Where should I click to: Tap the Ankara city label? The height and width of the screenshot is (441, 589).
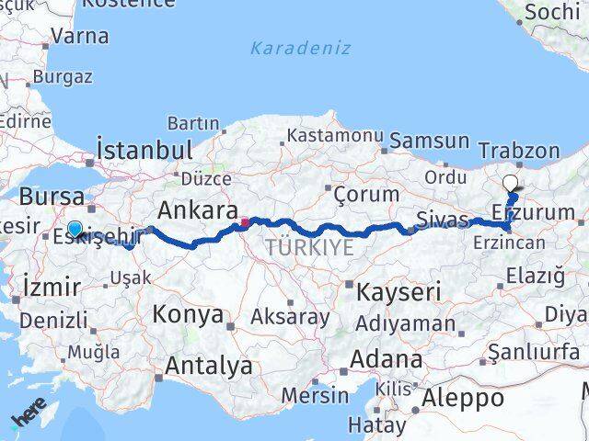(x=199, y=209)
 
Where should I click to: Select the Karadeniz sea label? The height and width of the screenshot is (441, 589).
(x=301, y=48)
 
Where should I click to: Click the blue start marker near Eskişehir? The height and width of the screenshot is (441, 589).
(x=75, y=230)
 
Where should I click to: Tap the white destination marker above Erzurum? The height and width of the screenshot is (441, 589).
(x=511, y=183)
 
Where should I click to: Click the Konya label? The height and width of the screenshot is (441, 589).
(x=188, y=314)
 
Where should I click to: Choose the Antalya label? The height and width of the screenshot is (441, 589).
(x=208, y=366)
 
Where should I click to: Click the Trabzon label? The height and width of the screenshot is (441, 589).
(x=519, y=151)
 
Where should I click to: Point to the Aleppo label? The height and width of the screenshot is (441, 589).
(x=464, y=398)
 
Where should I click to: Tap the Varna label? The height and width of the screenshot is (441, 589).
(x=79, y=36)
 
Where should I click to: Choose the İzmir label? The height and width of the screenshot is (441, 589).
(x=45, y=287)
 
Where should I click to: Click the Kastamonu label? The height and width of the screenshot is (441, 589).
(x=335, y=135)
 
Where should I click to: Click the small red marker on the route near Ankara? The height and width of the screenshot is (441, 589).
(x=245, y=221)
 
